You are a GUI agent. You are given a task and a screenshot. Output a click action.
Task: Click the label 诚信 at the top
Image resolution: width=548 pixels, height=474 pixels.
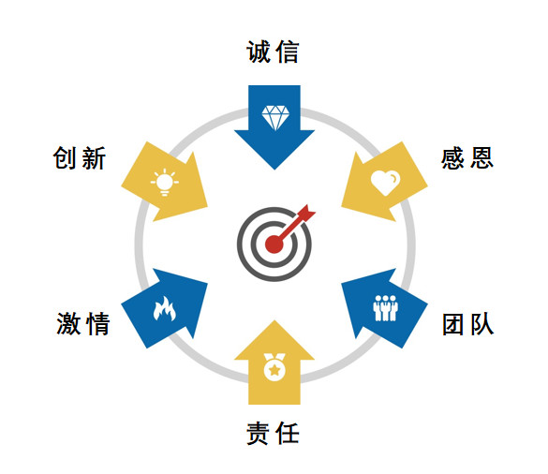point(273,52)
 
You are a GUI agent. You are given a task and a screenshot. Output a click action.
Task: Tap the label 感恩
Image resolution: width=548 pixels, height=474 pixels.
point(467,158)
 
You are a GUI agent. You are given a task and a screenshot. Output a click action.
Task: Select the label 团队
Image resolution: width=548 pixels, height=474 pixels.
point(467,324)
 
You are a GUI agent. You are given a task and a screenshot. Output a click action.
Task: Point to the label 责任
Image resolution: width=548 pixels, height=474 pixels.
point(273,433)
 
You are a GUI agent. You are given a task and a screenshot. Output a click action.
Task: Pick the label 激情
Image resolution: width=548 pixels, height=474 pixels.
point(82,324)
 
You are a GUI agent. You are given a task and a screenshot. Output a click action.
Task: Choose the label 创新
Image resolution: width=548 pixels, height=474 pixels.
point(80,158)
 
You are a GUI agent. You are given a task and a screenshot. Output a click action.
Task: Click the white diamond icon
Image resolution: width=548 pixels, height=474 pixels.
point(275,118)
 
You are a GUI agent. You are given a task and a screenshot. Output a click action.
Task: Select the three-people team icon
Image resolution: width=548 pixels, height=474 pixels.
point(385,308)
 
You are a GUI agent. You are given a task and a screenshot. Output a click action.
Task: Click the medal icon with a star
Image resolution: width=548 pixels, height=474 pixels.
point(274,366)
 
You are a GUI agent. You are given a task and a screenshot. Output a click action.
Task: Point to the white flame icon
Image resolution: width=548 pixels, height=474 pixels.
point(164,308)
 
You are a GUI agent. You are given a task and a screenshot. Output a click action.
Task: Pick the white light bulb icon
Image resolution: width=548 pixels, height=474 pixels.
point(165,182)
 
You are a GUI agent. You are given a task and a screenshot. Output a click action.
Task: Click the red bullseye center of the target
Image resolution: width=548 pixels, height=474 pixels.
point(274,244)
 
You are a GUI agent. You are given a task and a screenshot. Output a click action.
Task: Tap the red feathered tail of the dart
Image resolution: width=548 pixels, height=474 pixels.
point(306,213)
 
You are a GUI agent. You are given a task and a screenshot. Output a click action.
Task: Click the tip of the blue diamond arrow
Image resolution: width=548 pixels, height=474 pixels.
point(274,170)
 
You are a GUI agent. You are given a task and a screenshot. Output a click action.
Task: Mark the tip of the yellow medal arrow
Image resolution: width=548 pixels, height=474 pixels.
point(274,320)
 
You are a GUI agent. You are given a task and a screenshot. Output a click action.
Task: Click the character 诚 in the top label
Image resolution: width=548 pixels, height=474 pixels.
point(259,52)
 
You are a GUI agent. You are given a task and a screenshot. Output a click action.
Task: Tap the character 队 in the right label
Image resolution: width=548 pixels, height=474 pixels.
point(481,324)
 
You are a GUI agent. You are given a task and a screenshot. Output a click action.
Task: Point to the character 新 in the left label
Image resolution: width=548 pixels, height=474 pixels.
point(94,158)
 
